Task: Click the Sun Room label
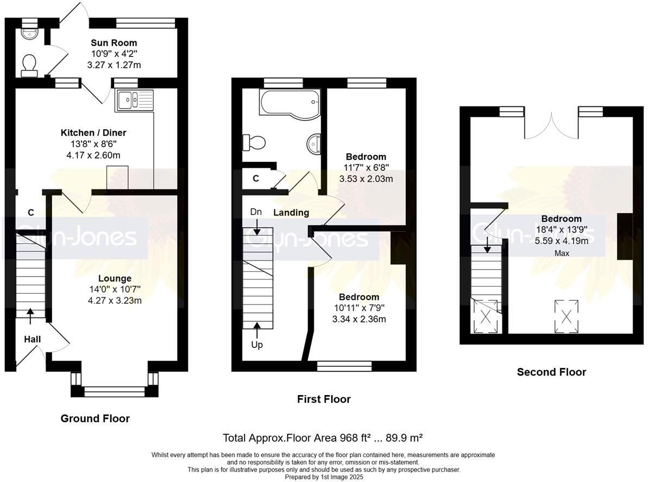point(114,43)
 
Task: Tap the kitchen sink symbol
point(135,100)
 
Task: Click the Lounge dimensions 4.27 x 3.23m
point(115,300)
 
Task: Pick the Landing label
point(291,213)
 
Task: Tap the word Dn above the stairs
point(256,212)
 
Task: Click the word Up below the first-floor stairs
point(257,345)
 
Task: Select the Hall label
point(32,339)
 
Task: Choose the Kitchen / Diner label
point(93,133)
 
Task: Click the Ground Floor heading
point(95,418)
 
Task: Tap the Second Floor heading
point(551,372)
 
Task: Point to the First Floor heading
point(324,399)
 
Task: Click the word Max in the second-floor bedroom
point(562,253)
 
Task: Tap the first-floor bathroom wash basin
point(314,144)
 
